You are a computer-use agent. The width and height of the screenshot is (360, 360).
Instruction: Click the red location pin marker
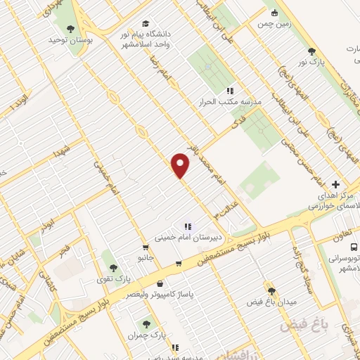[x=181, y=165]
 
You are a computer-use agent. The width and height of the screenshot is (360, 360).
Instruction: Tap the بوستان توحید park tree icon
[x=70, y=29]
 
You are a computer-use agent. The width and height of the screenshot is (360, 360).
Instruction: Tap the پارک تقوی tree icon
[x=112, y=266]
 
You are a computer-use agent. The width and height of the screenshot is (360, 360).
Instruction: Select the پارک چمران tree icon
[x=146, y=324]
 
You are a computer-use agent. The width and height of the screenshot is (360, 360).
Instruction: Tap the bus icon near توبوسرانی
[x=354, y=247]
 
